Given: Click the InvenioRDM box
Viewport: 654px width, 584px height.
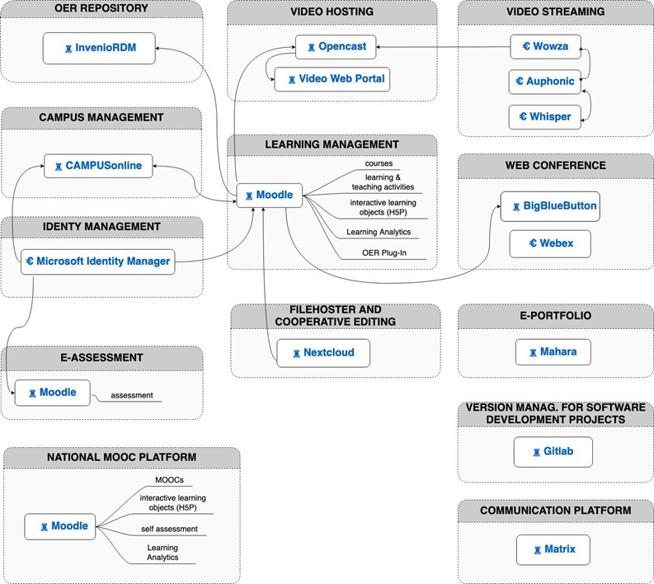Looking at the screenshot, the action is tap(99, 48).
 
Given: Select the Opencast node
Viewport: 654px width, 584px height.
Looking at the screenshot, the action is tap(336, 47).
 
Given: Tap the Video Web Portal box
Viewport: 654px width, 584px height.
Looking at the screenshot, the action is tap(332, 79).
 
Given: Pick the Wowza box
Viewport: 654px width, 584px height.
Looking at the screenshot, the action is tap(545, 46).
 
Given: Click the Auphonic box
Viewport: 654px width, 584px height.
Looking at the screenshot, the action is tap(544, 82).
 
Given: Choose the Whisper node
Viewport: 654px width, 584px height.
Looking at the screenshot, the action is tap(544, 117).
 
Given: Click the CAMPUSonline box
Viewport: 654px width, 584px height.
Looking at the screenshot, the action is tap(98, 166).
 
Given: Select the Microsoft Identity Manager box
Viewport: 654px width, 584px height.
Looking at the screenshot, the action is tap(98, 261).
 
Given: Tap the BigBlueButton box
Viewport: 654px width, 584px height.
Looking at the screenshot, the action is tap(550, 206).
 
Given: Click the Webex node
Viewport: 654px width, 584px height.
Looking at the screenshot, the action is tap(550, 243).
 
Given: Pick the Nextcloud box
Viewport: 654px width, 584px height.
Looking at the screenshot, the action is tap(323, 353).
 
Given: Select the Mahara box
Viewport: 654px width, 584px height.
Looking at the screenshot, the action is tap(553, 351).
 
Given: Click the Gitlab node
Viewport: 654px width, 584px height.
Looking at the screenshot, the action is tap(553, 452).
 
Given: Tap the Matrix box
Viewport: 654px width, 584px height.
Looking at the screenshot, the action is tap(553, 549).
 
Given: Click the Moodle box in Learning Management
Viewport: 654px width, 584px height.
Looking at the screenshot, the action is tap(270, 195).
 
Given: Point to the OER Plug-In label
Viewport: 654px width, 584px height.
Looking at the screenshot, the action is tap(384, 252).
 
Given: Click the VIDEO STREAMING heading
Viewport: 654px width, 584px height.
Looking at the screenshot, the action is tap(556, 12).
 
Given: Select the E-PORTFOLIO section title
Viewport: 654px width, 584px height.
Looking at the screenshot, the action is tap(556, 315).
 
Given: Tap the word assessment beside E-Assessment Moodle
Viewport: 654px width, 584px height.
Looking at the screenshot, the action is tap(132, 395).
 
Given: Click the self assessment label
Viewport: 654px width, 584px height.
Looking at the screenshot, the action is tap(169, 529).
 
